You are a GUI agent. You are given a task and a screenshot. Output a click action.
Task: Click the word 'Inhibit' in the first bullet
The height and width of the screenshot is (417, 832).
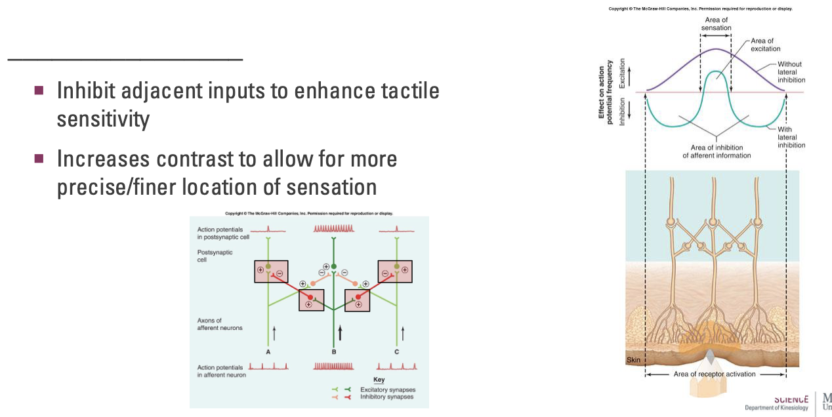(83, 90)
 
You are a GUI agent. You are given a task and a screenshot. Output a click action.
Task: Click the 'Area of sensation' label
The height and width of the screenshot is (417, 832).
(715, 24)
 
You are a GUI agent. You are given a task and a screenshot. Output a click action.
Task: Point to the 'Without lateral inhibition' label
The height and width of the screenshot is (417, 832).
(791, 72)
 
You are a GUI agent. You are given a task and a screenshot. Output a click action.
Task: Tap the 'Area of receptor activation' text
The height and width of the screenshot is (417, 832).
(715, 374)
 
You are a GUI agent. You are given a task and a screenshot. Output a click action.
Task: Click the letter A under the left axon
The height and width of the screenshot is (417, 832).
(268, 352)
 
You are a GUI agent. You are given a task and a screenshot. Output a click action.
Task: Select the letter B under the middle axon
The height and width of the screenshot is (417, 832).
(333, 352)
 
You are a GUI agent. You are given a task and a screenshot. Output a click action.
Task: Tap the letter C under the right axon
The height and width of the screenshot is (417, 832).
(397, 352)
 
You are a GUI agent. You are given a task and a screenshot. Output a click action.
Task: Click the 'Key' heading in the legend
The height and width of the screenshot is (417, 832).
(379, 380)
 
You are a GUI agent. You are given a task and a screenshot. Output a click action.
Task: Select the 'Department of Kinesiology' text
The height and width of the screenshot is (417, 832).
(776, 408)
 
